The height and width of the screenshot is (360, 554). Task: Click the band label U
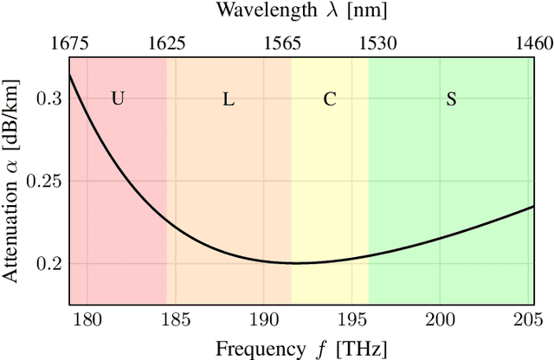[118, 99]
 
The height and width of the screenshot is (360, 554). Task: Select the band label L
[229, 99]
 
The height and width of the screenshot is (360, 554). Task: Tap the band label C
[330, 99]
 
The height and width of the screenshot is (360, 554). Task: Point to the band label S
[451, 99]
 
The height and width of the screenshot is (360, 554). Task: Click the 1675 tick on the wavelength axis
[69, 42]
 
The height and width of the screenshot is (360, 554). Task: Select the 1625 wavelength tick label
[166, 42]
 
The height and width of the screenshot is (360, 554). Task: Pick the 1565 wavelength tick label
[292, 42]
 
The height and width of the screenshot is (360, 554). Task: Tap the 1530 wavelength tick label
[369, 42]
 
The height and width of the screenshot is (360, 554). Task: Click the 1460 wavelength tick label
[533, 42]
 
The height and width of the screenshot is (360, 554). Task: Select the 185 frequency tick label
[175, 320]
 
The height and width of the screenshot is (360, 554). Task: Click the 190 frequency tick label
[263, 320]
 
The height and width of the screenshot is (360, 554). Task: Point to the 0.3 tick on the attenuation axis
[50, 99]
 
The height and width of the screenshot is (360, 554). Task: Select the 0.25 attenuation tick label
[47, 181]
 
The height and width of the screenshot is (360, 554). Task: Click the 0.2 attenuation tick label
[50, 263]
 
